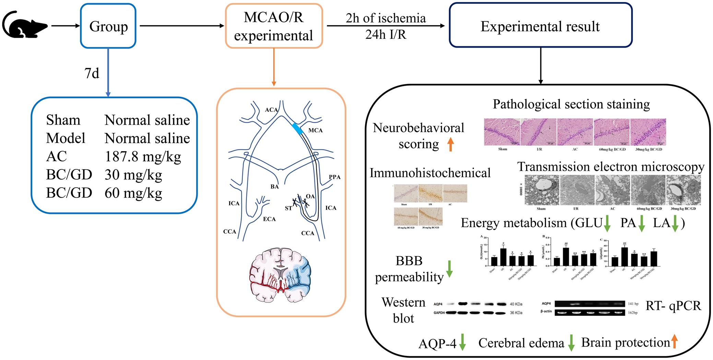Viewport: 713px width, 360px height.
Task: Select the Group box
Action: [x=108, y=26]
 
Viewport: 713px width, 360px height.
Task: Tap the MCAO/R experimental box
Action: [x=274, y=26]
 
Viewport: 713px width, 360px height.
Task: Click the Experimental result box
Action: [x=540, y=26]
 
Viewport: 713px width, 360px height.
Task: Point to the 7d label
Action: [x=92, y=73]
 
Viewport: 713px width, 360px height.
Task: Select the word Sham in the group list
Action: [x=63, y=120]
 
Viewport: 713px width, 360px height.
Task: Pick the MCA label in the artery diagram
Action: [x=315, y=130]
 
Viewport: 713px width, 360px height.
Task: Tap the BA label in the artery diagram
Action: [x=274, y=187]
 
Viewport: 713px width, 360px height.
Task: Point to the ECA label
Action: [x=269, y=219]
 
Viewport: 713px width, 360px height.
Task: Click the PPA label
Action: [x=334, y=177]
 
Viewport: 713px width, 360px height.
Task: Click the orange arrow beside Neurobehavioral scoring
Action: [x=451, y=144]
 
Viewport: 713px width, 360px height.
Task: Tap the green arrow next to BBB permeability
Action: [x=449, y=269]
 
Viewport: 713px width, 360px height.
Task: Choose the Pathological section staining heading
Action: [x=571, y=104]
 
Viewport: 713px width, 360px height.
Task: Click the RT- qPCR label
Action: [x=673, y=305]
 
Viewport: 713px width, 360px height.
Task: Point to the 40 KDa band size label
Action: [x=516, y=304]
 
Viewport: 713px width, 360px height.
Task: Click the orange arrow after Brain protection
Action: [x=674, y=342]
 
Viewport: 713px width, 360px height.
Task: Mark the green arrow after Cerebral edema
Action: [x=571, y=343]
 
